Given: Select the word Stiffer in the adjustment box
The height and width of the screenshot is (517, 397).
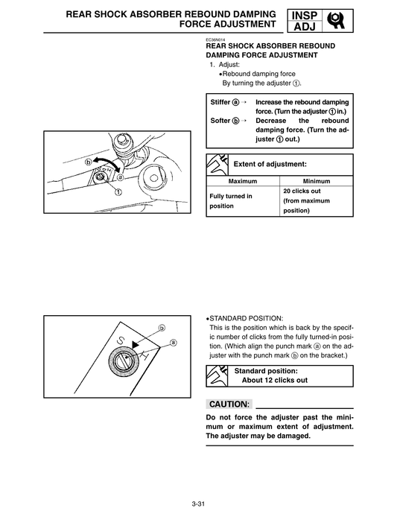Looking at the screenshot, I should [220, 101].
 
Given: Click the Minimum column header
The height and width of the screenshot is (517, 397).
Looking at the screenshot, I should [317, 181].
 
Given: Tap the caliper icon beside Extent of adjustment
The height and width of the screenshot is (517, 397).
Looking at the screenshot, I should [217, 164].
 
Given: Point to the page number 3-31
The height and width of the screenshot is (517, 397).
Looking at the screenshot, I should [198, 505].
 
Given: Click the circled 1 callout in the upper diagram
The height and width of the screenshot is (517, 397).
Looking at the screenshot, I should [117, 191].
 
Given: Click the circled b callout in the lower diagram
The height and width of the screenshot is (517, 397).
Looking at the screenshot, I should [161, 327].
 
